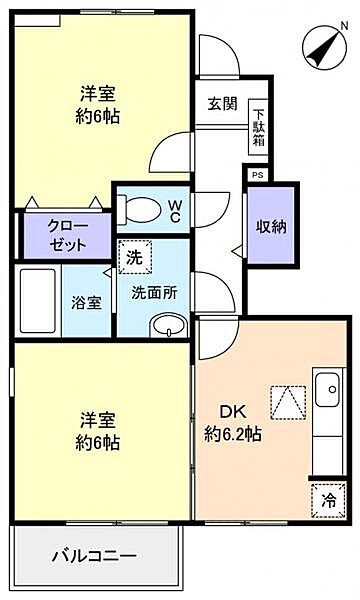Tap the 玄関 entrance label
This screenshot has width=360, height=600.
(222, 104)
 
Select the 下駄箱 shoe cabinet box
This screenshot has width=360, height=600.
(258, 126)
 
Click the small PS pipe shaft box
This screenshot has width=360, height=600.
(258, 174)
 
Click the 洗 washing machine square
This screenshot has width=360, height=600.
(133, 257)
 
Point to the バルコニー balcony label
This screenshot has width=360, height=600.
(94, 555)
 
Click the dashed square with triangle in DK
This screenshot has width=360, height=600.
(287, 404)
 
